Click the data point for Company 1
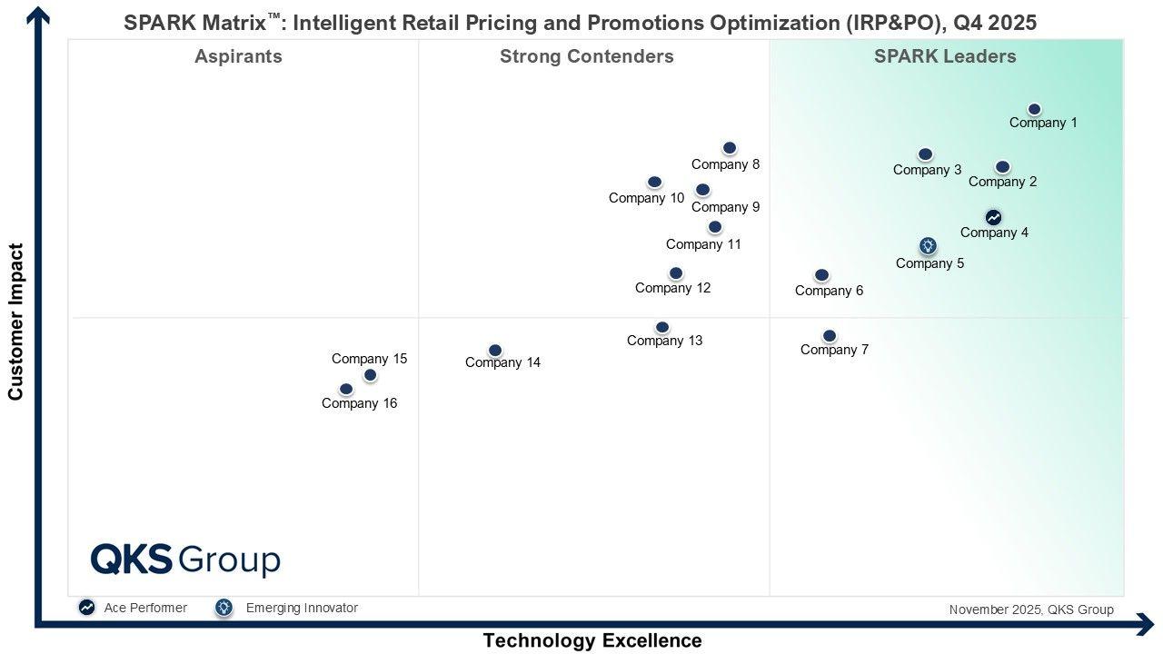click(1034, 110)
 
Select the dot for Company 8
click(730, 148)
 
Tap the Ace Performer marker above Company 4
click(993, 218)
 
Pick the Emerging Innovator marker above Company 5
click(928, 246)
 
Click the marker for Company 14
click(495, 351)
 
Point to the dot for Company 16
click(346, 390)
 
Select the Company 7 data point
click(830, 336)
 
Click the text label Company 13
click(664, 342)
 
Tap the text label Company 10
click(646, 198)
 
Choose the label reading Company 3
click(927, 170)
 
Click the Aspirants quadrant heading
click(238, 56)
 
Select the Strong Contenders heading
click(586, 56)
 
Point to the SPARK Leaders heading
click(945, 56)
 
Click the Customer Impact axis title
click(15, 322)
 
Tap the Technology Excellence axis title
click(591, 640)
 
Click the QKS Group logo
click(185, 560)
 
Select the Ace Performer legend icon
click(86, 608)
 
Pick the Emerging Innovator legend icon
click(224, 608)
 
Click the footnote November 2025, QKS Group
click(1030, 609)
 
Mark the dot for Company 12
click(676, 273)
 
